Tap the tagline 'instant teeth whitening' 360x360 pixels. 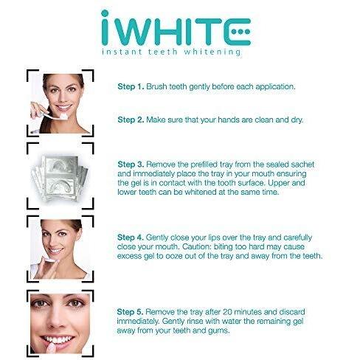[171, 52]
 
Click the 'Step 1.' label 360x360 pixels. [131, 86]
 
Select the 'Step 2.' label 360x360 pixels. [131, 120]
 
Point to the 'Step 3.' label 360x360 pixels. [131, 165]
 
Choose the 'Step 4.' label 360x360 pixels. [131, 238]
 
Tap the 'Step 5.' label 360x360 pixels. [130, 312]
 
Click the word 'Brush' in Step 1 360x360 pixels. [156, 86]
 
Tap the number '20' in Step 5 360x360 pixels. [228, 312]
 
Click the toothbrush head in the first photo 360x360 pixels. [63, 117]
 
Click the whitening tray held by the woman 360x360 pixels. [49, 259]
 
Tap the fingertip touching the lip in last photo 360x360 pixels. [51, 347]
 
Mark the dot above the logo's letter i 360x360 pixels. [105, 13]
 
